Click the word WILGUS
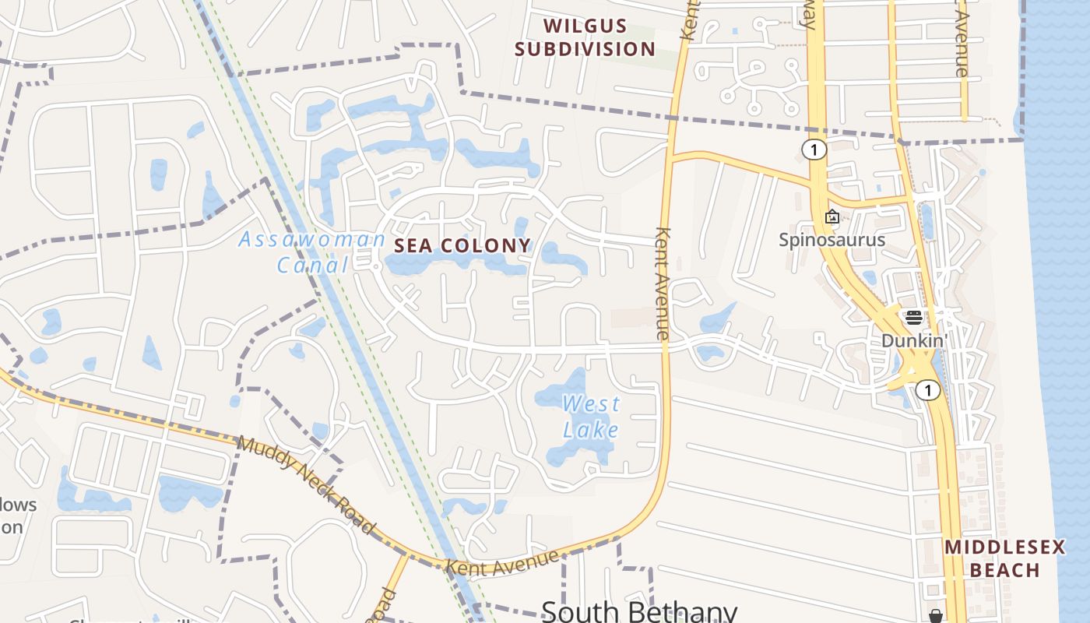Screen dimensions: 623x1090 pos(585,26)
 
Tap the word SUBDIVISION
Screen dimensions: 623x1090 pos(585,49)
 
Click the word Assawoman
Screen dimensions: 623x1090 pos(311,239)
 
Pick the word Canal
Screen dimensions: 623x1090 pos(313,265)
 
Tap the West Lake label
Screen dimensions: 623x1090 pos(592,417)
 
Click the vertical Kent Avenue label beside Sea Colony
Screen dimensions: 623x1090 pos(663,283)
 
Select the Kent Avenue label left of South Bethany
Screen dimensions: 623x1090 pos(502,564)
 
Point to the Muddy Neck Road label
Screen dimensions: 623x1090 pos(306,484)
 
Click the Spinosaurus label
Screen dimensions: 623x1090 pos(832,239)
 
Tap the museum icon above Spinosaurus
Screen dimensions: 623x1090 pos(832,216)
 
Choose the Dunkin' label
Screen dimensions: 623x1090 pos(913,340)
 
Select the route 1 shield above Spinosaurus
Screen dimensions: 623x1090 pos(814,150)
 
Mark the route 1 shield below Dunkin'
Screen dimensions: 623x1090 pos(927,389)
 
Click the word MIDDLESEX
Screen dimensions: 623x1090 pos(1004,547)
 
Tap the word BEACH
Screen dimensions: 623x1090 pos(1004,570)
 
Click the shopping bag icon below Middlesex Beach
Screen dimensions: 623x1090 pos(936,616)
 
